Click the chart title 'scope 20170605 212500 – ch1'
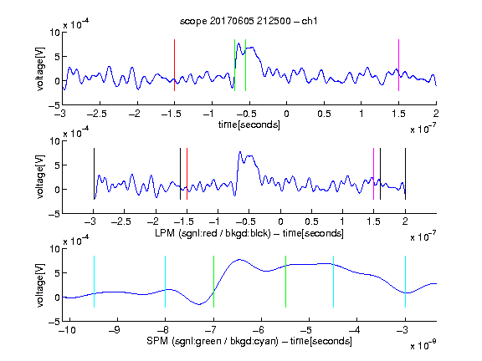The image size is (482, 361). pos(249,21)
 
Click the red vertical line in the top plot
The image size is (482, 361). pos(174,65)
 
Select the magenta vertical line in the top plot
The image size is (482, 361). pos(398,65)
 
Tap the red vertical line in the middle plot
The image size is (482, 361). pos(187,174)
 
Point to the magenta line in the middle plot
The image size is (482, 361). pos(373,174)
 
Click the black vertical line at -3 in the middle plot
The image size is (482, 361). pos(94,174)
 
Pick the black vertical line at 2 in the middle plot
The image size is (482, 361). pos(405,174)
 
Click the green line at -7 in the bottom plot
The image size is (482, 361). pos(213,282)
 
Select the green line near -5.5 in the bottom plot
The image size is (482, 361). pos(285,282)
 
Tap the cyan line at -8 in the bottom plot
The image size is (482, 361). pos(166,282)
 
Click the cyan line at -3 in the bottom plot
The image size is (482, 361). pos(405,282)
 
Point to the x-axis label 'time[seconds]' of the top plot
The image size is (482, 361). pos(249,125)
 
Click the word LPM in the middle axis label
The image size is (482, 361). pos(165,233)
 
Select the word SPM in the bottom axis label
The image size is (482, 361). pos(157,341)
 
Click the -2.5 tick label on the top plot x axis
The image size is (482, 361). pos(97,114)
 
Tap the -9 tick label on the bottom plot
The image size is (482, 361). pos(115,330)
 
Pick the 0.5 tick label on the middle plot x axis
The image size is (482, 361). pos(311,221)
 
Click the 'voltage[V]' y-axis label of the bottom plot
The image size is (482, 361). pos(40,285)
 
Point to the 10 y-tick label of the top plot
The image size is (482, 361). pos(54,33)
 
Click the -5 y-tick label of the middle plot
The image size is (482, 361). pos(54,214)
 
